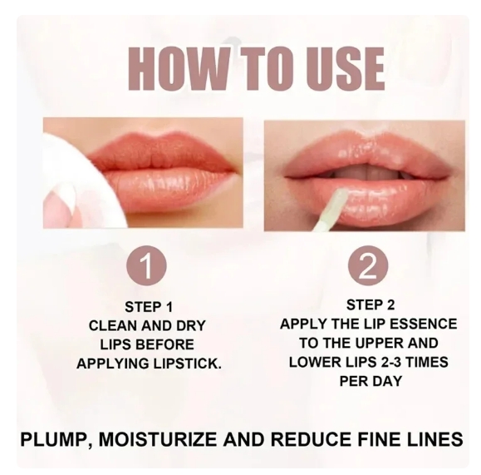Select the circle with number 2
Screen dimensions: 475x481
point(368,267)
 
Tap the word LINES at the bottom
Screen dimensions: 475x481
point(432,438)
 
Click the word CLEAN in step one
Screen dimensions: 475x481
point(113,324)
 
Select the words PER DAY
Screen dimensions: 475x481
point(368,381)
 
